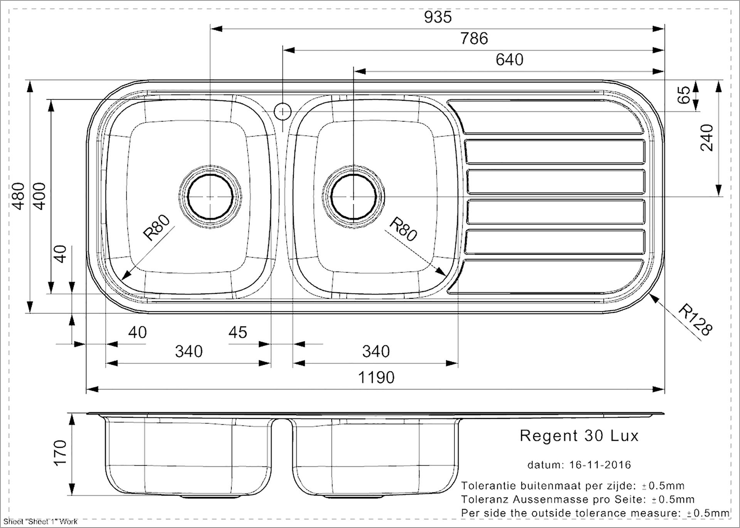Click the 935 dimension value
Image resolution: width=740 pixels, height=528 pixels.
[437, 17]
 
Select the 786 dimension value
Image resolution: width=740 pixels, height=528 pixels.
[474, 39]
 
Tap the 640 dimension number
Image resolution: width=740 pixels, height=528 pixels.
[510, 60]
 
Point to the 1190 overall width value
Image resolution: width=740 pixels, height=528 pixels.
[376, 378]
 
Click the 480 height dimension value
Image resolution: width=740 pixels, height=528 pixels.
[19, 196]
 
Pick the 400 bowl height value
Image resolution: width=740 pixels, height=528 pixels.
[40, 196]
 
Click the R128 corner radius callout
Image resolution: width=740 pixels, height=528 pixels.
[695, 320]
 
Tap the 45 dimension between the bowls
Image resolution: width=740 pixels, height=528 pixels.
[237, 332]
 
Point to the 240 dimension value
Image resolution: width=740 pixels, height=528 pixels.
[707, 137]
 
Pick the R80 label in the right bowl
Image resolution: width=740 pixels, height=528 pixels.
[403, 229]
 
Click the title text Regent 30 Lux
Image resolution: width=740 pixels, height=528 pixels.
[579, 436]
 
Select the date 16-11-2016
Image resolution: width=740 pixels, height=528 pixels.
[600, 465]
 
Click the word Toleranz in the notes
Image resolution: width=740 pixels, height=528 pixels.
[485, 499]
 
